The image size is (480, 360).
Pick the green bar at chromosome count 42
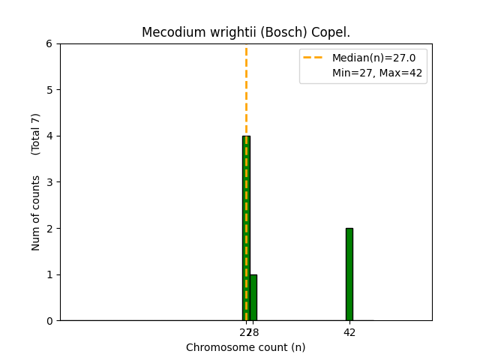pyautogui.click(x=349, y=274)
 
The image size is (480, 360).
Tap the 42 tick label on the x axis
pyautogui.click(x=349, y=331)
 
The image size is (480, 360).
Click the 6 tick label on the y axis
pyautogui.click(x=49, y=43)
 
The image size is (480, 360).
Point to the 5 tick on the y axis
pyautogui.click(x=49, y=90)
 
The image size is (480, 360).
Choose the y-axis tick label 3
pyautogui.click(x=49, y=182)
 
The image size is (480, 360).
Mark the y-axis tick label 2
pyautogui.click(x=49, y=228)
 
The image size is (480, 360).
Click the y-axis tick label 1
pyautogui.click(x=49, y=274)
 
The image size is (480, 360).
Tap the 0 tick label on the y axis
pyautogui.click(x=49, y=321)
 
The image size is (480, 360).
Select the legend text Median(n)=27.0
pyautogui.click(x=368, y=58)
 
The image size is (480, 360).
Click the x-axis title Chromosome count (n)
pyautogui.click(x=246, y=347)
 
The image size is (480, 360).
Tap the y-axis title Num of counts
pyautogui.click(x=36, y=212)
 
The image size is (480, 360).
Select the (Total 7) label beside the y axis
pyautogui.click(x=36, y=134)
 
